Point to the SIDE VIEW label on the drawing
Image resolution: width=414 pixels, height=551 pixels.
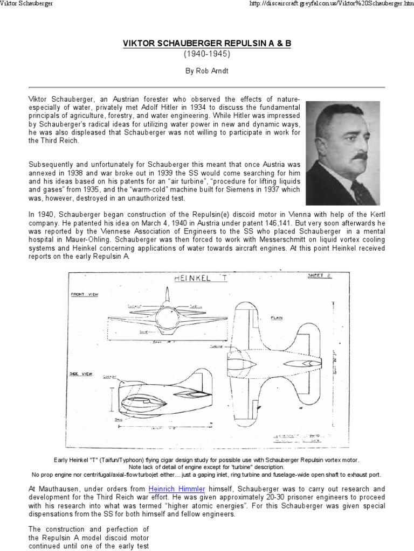tap(81, 371)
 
